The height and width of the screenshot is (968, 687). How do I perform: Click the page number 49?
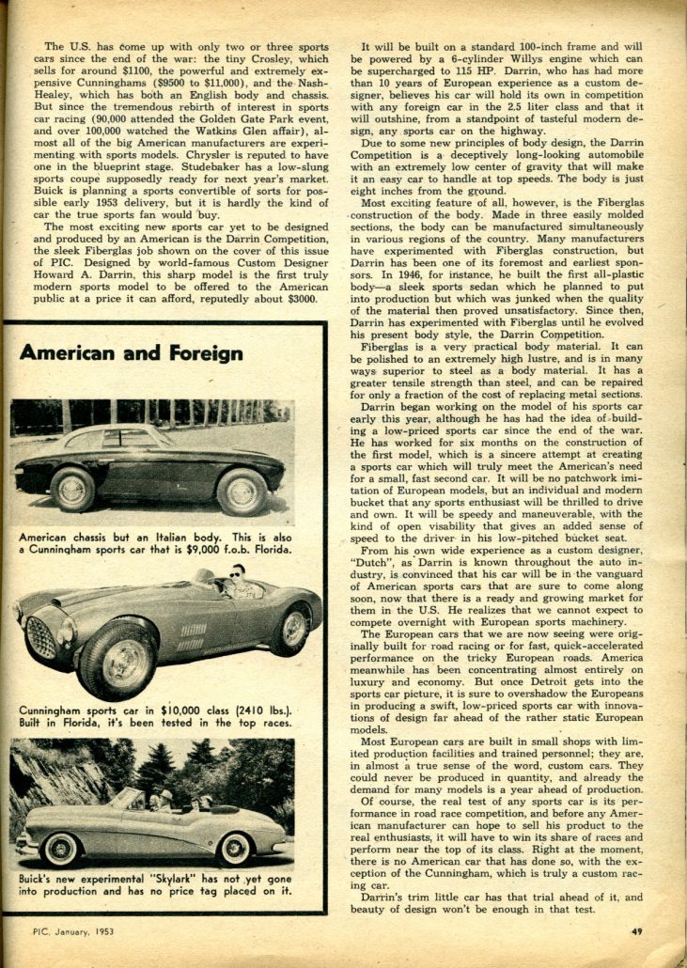pos(636,931)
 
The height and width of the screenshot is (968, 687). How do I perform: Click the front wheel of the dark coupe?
pos(73,489)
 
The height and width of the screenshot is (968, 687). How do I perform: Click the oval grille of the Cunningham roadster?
pos(42,637)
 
